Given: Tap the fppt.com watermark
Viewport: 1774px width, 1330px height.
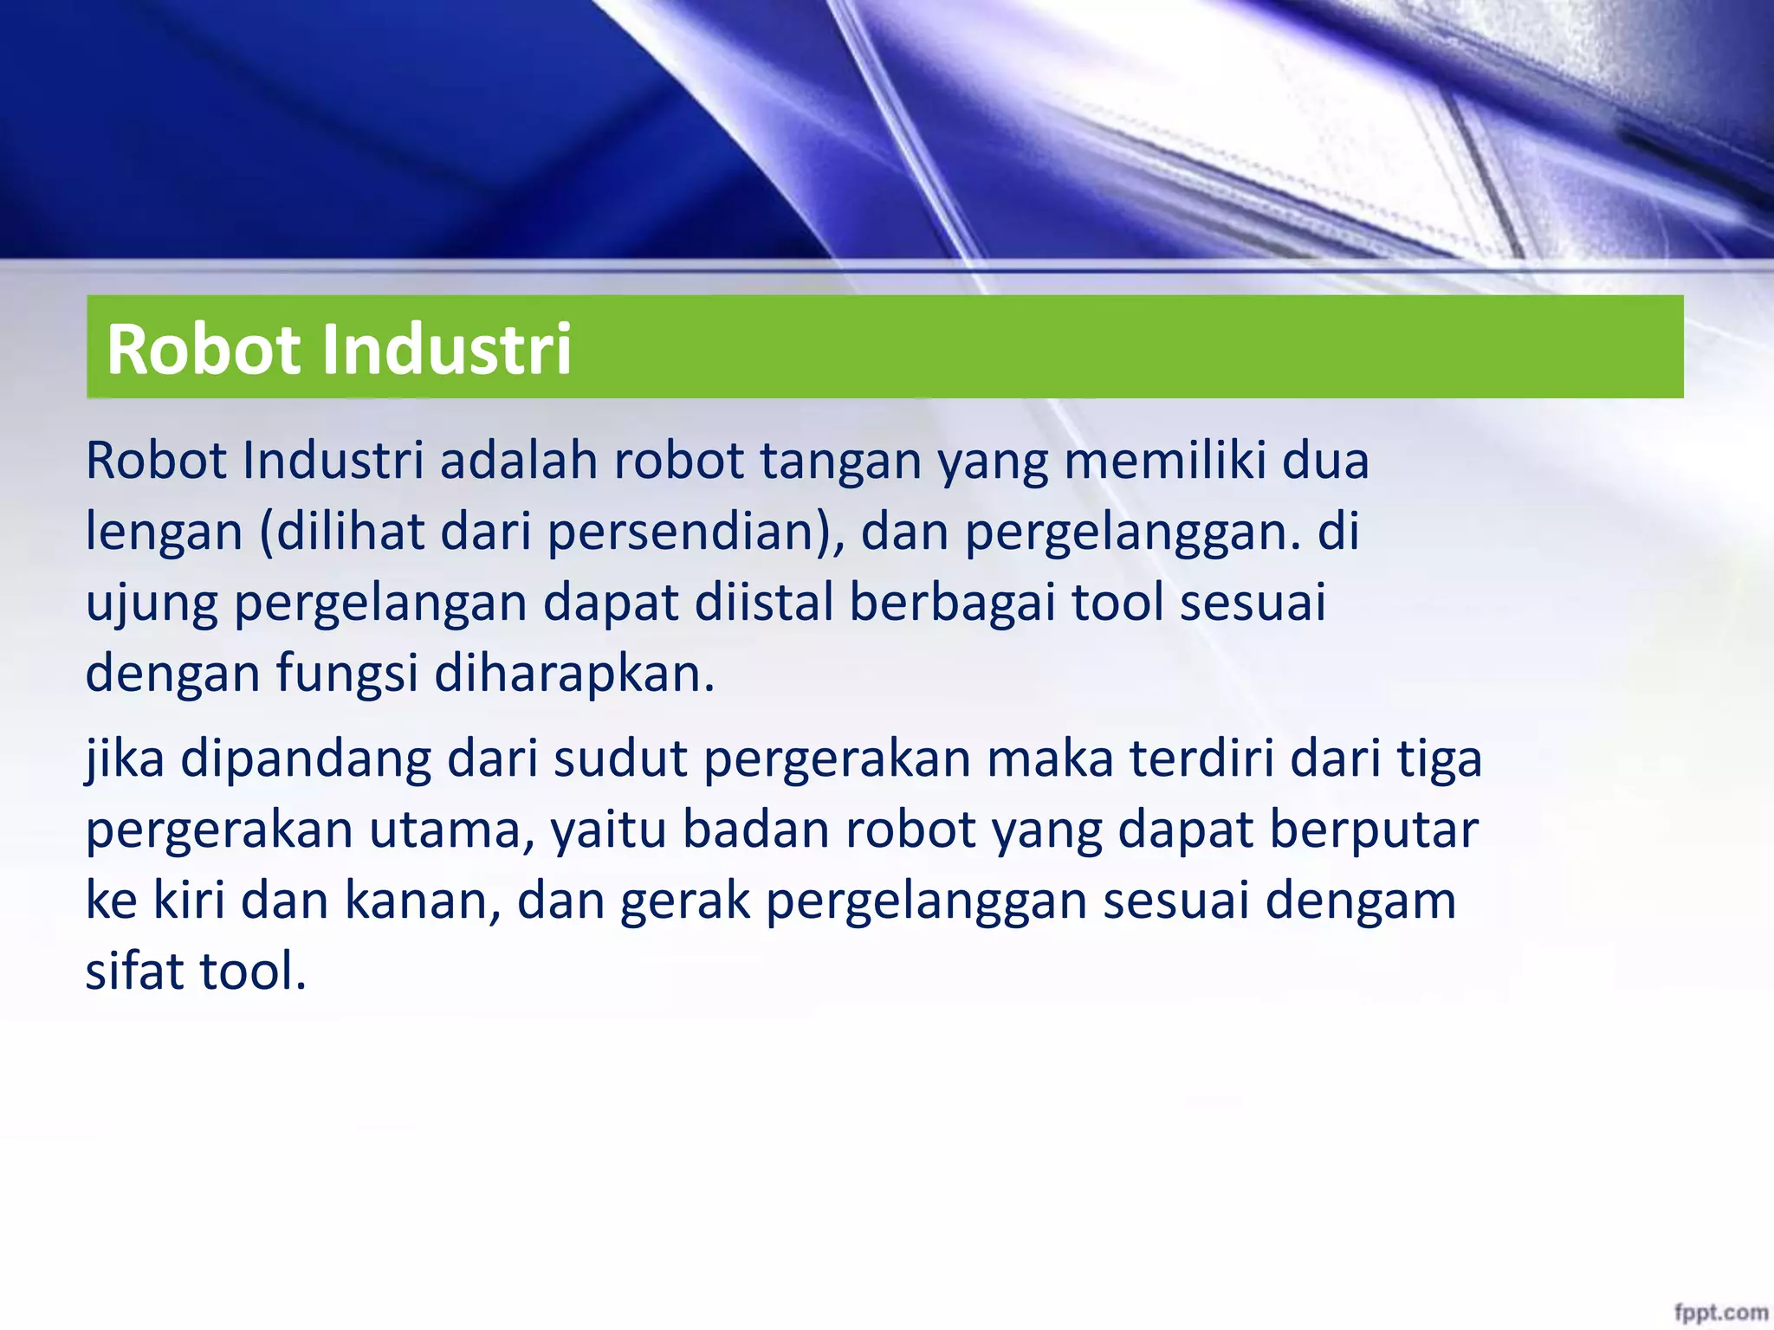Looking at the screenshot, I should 1720,1313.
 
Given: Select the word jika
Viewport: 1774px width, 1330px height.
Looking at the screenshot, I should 125,759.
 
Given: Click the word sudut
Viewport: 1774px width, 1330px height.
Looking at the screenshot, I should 620,759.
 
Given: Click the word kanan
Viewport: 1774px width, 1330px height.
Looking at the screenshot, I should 420,901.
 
